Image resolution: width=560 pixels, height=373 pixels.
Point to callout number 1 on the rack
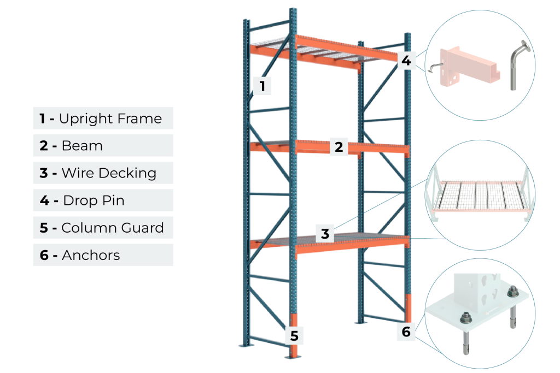pos(262,86)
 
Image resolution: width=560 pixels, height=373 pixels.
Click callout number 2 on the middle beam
pos(339,147)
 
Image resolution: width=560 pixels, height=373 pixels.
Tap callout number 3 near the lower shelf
pos(325,234)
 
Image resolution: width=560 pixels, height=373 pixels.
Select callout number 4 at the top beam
pos(406,60)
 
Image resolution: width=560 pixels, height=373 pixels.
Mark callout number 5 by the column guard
pos(294,335)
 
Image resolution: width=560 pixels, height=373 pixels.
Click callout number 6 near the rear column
pos(406,331)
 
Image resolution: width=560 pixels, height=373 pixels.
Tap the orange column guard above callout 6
pos(407,309)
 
